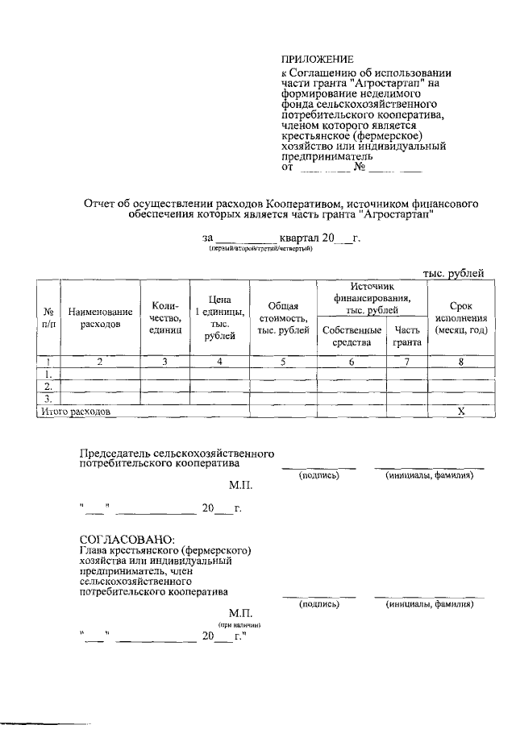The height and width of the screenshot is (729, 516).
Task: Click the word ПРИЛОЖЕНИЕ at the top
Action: coord(317,60)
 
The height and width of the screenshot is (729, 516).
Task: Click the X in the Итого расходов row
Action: coord(461,412)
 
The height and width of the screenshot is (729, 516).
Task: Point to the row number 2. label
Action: coord(48,387)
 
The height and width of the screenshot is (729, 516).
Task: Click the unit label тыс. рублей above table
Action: coord(453,274)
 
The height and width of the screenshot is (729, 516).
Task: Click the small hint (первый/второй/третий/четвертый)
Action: coord(260,250)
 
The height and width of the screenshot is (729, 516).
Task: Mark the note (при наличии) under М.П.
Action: coord(243,624)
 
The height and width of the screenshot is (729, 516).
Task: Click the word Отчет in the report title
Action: coord(102,205)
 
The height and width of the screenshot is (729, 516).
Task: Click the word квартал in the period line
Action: coord(299,238)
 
